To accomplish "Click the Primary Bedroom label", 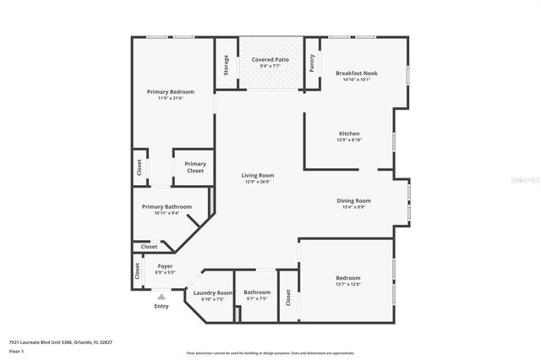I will (171, 91).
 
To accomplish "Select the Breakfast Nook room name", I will (356, 74).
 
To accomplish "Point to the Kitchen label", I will (349, 134).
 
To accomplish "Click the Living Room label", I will (260, 175).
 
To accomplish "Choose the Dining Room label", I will (353, 200).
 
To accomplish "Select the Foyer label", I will (165, 265).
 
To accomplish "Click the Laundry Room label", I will (213, 292).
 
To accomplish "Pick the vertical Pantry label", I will (312, 64).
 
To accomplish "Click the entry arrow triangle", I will (161, 297).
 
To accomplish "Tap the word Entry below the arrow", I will (161, 306).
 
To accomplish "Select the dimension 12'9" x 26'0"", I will (260, 182).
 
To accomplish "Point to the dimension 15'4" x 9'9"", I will (353, 207).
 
